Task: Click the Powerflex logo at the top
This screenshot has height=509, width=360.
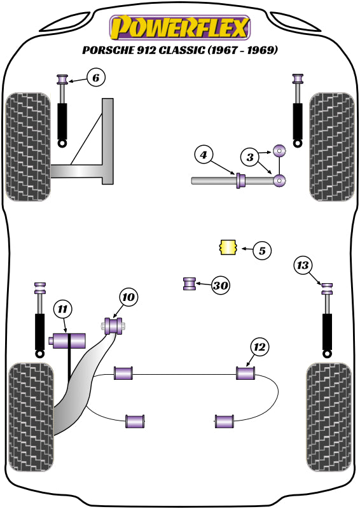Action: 180,27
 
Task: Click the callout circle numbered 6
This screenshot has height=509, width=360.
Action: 95,79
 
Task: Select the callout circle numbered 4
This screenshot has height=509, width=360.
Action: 203,155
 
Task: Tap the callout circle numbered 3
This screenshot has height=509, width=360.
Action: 250,156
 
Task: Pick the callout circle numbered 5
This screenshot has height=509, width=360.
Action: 261,251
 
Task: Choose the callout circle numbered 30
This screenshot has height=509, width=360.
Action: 220,286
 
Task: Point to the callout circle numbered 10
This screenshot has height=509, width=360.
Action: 128,297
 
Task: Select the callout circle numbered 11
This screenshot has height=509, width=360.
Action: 62,310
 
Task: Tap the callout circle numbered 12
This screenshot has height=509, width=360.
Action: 260,347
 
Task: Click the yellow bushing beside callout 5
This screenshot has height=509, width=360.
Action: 227,248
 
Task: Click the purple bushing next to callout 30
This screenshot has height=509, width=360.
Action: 190,284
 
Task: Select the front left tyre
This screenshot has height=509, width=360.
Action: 27,146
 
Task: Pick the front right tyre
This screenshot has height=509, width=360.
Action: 331,146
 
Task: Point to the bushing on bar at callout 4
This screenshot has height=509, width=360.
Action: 240,181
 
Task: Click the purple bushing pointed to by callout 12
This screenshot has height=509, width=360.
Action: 246,373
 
